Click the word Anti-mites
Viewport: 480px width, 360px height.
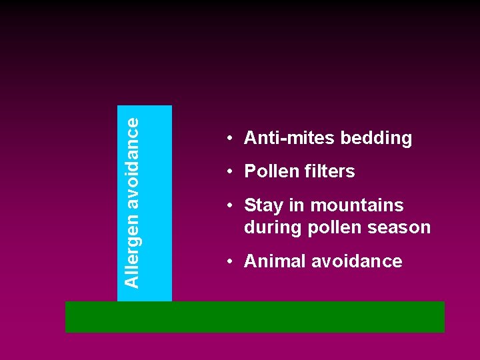[x=290, y=138]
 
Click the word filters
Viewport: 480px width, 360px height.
[x=330, y=171]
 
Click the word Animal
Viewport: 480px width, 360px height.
[x=275, y=261]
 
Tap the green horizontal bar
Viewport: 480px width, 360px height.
[x=255, y=317]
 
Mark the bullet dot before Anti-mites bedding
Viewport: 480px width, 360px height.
[x=228, y=138]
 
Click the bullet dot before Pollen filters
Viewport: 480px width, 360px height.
[x=228, y=171]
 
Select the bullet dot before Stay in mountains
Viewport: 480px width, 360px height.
[x=228, y=205]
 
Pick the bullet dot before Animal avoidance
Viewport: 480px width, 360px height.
[x=228, y=261]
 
